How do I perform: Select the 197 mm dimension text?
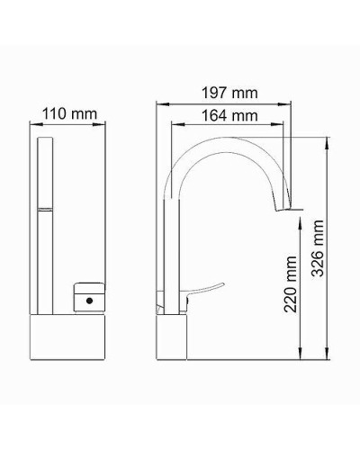[230, 93]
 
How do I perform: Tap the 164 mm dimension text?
[230, 115]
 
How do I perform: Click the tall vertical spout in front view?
[44, 225]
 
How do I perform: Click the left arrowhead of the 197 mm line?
[157, 104]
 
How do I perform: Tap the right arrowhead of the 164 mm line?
[291, 126]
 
